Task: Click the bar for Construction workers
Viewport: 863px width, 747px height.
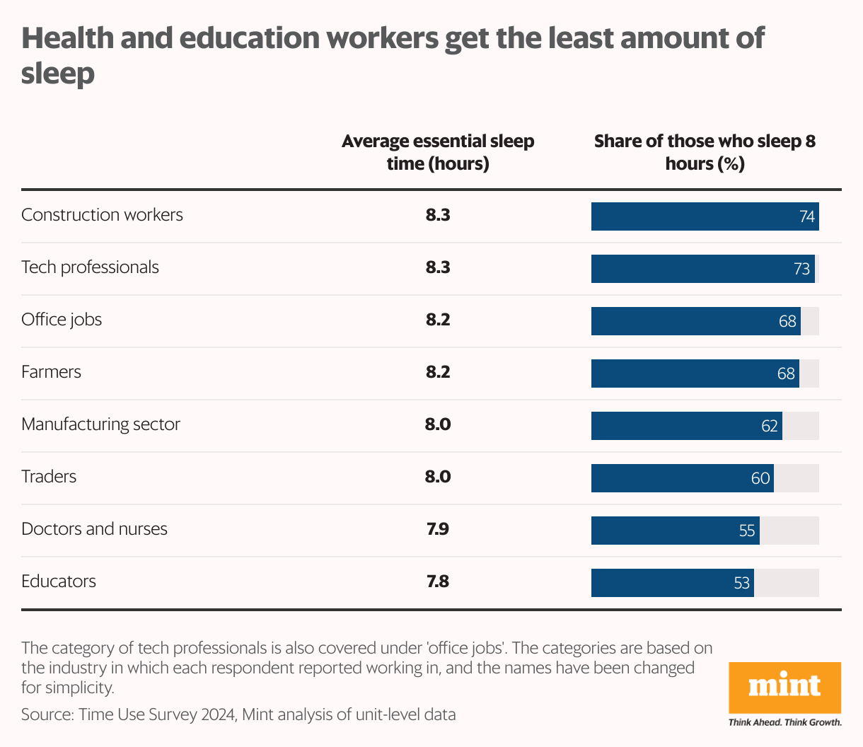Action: (x=705, y=216)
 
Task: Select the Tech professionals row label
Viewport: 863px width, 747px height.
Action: (x=90, y=267)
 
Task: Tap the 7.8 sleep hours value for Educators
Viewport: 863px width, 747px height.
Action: (x=438, y=581)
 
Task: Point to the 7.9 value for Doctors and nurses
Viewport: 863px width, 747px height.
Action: (x=438, y=529)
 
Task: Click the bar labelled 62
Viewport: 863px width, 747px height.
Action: (x=686, y=426)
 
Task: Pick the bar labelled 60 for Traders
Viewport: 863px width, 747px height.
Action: (x=682, y=478)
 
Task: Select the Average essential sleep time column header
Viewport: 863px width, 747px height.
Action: (x=438, y=152)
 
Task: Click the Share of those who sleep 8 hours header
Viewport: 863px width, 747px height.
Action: (x=705, y=152)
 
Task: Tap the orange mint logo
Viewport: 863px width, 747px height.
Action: (x=784, y=687)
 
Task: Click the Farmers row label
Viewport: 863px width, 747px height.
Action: (x=51, y=372)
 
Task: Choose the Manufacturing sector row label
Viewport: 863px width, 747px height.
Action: (x=100, y=424)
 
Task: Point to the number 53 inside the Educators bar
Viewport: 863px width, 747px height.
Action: (x=741, y=584)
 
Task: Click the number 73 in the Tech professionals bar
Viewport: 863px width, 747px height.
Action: (x=801, y=270)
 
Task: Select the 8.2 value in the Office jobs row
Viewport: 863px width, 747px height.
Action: (x=438, y=320)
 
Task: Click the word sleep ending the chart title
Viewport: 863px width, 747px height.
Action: (x=58, y=73)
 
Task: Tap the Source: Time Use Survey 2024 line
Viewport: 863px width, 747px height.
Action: (x=238, y=714)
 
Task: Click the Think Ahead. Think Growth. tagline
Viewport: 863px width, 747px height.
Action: (x=784, y=722)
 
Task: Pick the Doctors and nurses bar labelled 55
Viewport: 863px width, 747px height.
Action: (x=675, y=531)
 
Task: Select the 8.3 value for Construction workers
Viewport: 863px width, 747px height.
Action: (x=438, y=215)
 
